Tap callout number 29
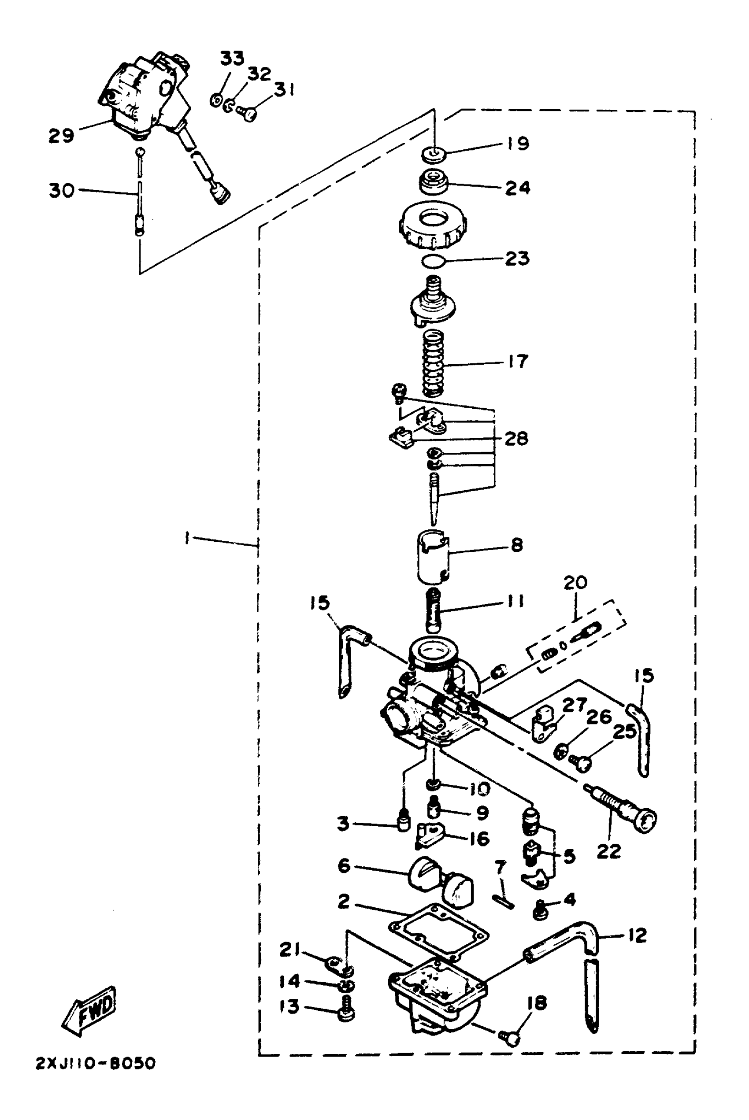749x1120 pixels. [61, 136]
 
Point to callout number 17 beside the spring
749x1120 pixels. [517, 362]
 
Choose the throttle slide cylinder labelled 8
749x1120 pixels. [433, 556]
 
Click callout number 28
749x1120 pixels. [516, 438]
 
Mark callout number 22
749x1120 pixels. [608, 851]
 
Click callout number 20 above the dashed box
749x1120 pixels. [575, 583]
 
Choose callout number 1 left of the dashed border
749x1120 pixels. [187, 539]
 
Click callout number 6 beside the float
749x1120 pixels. [344, 865]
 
